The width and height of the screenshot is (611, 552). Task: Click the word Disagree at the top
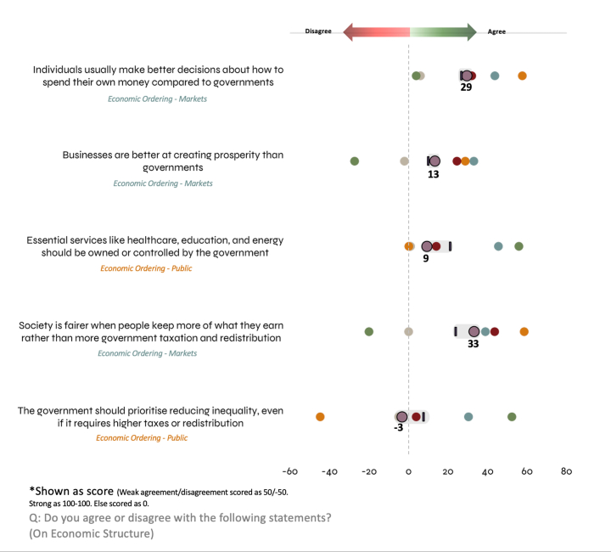coord(317,32)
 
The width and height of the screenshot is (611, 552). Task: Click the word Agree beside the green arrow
coord(496,32)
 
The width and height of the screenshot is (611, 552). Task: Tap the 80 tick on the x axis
coord(566,471)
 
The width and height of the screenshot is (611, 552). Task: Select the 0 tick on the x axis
coord(409,471)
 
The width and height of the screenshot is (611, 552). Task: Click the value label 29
coord(466,87)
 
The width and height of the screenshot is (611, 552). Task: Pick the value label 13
coord(434,173)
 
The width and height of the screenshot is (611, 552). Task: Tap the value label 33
coord(474,344)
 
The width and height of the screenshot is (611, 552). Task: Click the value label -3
coord(398,428)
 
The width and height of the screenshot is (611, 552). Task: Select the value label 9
coord(426,258)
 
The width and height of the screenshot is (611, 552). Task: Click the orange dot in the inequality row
coord(320,417)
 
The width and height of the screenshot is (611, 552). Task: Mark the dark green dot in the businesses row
coord(355,161)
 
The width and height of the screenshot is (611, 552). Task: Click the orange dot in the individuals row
coord(523,76)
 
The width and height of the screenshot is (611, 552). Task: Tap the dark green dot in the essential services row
coord(519,246)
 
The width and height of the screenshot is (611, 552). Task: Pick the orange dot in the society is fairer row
coord(524,332)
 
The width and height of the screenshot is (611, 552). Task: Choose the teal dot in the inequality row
coord(468,417)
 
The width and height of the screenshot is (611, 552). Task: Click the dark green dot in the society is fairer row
coord(369,332)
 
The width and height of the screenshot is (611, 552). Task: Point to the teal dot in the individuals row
coord(495,76)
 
